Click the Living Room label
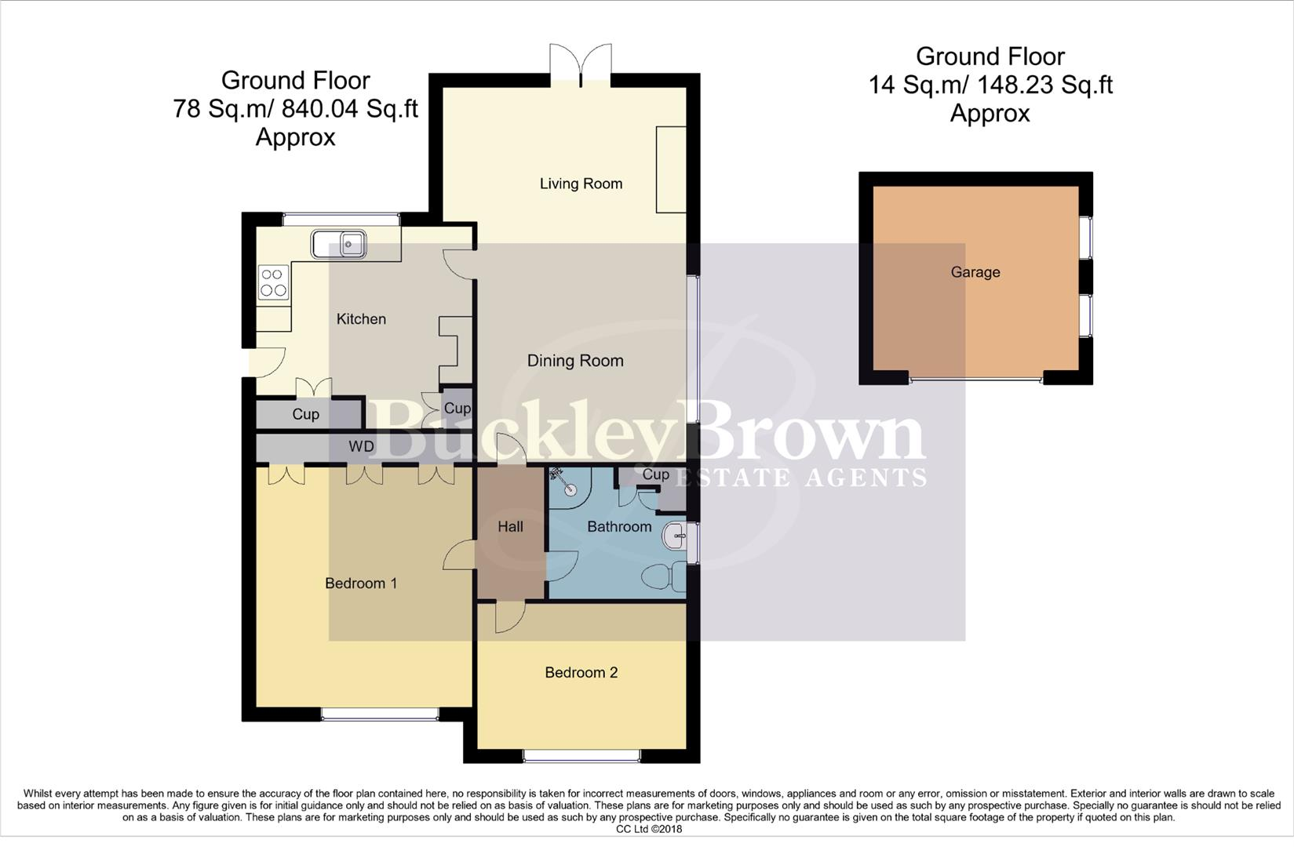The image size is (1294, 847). click(581, 184)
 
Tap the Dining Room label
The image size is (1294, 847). click(575, 361)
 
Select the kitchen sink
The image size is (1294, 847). click(339, 244)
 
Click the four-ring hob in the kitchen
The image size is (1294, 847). click(273, 282)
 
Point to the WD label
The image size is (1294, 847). click(362, 446)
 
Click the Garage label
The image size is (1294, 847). click(975, 272)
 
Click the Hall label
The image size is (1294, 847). click(510, 527)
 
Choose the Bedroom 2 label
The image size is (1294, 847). click(581, 672)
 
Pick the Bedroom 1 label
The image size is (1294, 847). click(361, 583)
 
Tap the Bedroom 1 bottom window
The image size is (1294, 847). click(380, 714)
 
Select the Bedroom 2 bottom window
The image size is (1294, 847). click(581, 756)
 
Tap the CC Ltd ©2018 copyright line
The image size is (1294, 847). click(649, 829)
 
